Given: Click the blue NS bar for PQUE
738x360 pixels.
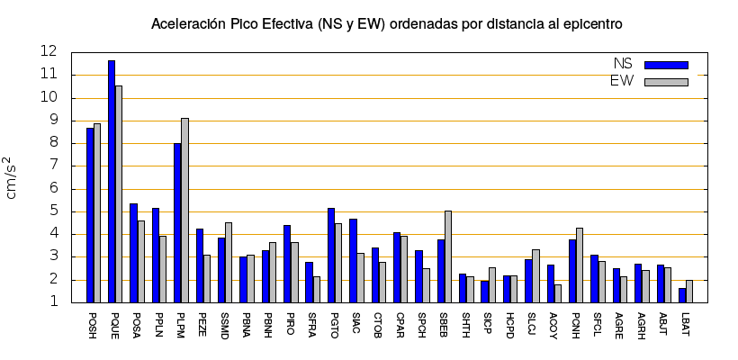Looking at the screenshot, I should point(112,181).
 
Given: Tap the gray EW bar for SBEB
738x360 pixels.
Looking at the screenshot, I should point(448,256).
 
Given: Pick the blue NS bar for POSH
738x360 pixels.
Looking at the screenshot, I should point(90,215).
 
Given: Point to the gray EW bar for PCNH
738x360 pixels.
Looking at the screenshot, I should point(580,265).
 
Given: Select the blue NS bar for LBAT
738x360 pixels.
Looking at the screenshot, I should point(682,295).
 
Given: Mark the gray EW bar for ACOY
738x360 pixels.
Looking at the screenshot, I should point(558,293).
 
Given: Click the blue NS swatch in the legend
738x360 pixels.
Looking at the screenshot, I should point(666,65).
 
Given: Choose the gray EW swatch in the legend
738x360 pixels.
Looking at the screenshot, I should point(666,82).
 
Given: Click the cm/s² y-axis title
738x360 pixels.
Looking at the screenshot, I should point(14,176).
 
